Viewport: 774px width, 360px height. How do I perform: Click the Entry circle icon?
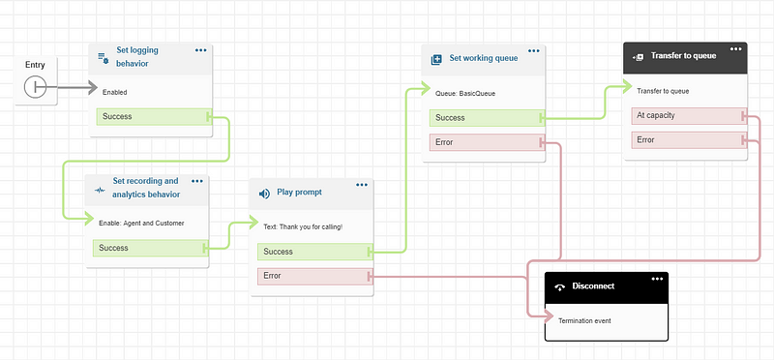[x=36, y=87]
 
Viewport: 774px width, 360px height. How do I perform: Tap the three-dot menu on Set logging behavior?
[x=200, y=49]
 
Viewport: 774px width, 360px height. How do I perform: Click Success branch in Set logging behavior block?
[x=151, y=117]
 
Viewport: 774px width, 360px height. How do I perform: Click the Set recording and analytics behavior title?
[x=145, y=188]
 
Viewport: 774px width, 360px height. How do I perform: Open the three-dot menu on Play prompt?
[x=362, y=185]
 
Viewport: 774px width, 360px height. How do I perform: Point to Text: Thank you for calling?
[x=303, y=226]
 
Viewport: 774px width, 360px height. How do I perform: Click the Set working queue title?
[x=483, y=59]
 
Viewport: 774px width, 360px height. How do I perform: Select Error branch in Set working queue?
[x=483, y=142]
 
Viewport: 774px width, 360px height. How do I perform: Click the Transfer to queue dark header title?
[x=683, y=56]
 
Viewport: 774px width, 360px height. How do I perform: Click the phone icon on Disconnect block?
[x=558, y=288]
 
